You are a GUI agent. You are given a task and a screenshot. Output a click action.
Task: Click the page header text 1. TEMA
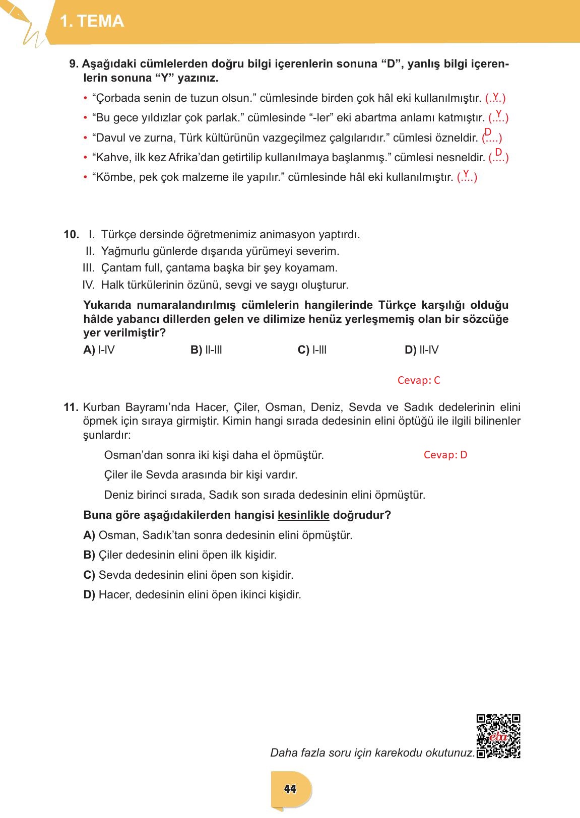(x=91, y=21)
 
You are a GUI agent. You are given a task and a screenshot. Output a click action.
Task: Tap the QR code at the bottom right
(x=498, y=736)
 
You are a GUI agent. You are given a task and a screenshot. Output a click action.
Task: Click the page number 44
(x=290, y=789)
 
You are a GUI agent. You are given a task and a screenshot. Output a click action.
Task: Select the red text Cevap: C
(x=419, y=380)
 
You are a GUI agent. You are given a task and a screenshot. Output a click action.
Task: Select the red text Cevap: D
(x=445, y=455)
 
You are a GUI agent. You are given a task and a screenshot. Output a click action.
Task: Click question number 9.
(x=74, y=64)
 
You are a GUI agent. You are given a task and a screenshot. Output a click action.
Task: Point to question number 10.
(x=71, y=234)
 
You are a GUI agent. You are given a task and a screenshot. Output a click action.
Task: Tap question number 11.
(x=71, y=407)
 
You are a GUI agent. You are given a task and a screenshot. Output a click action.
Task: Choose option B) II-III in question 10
(x=206, y=350)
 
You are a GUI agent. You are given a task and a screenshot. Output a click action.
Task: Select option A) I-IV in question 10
(x=99, y=350)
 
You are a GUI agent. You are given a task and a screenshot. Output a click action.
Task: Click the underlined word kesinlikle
(x=303, y=515)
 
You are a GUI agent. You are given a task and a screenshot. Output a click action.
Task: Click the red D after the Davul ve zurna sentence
(x=488, y=132)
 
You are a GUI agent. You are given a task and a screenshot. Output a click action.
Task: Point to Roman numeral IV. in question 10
(x=89, y=285)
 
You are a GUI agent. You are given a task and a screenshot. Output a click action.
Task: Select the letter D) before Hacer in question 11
(x=89, y=595)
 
